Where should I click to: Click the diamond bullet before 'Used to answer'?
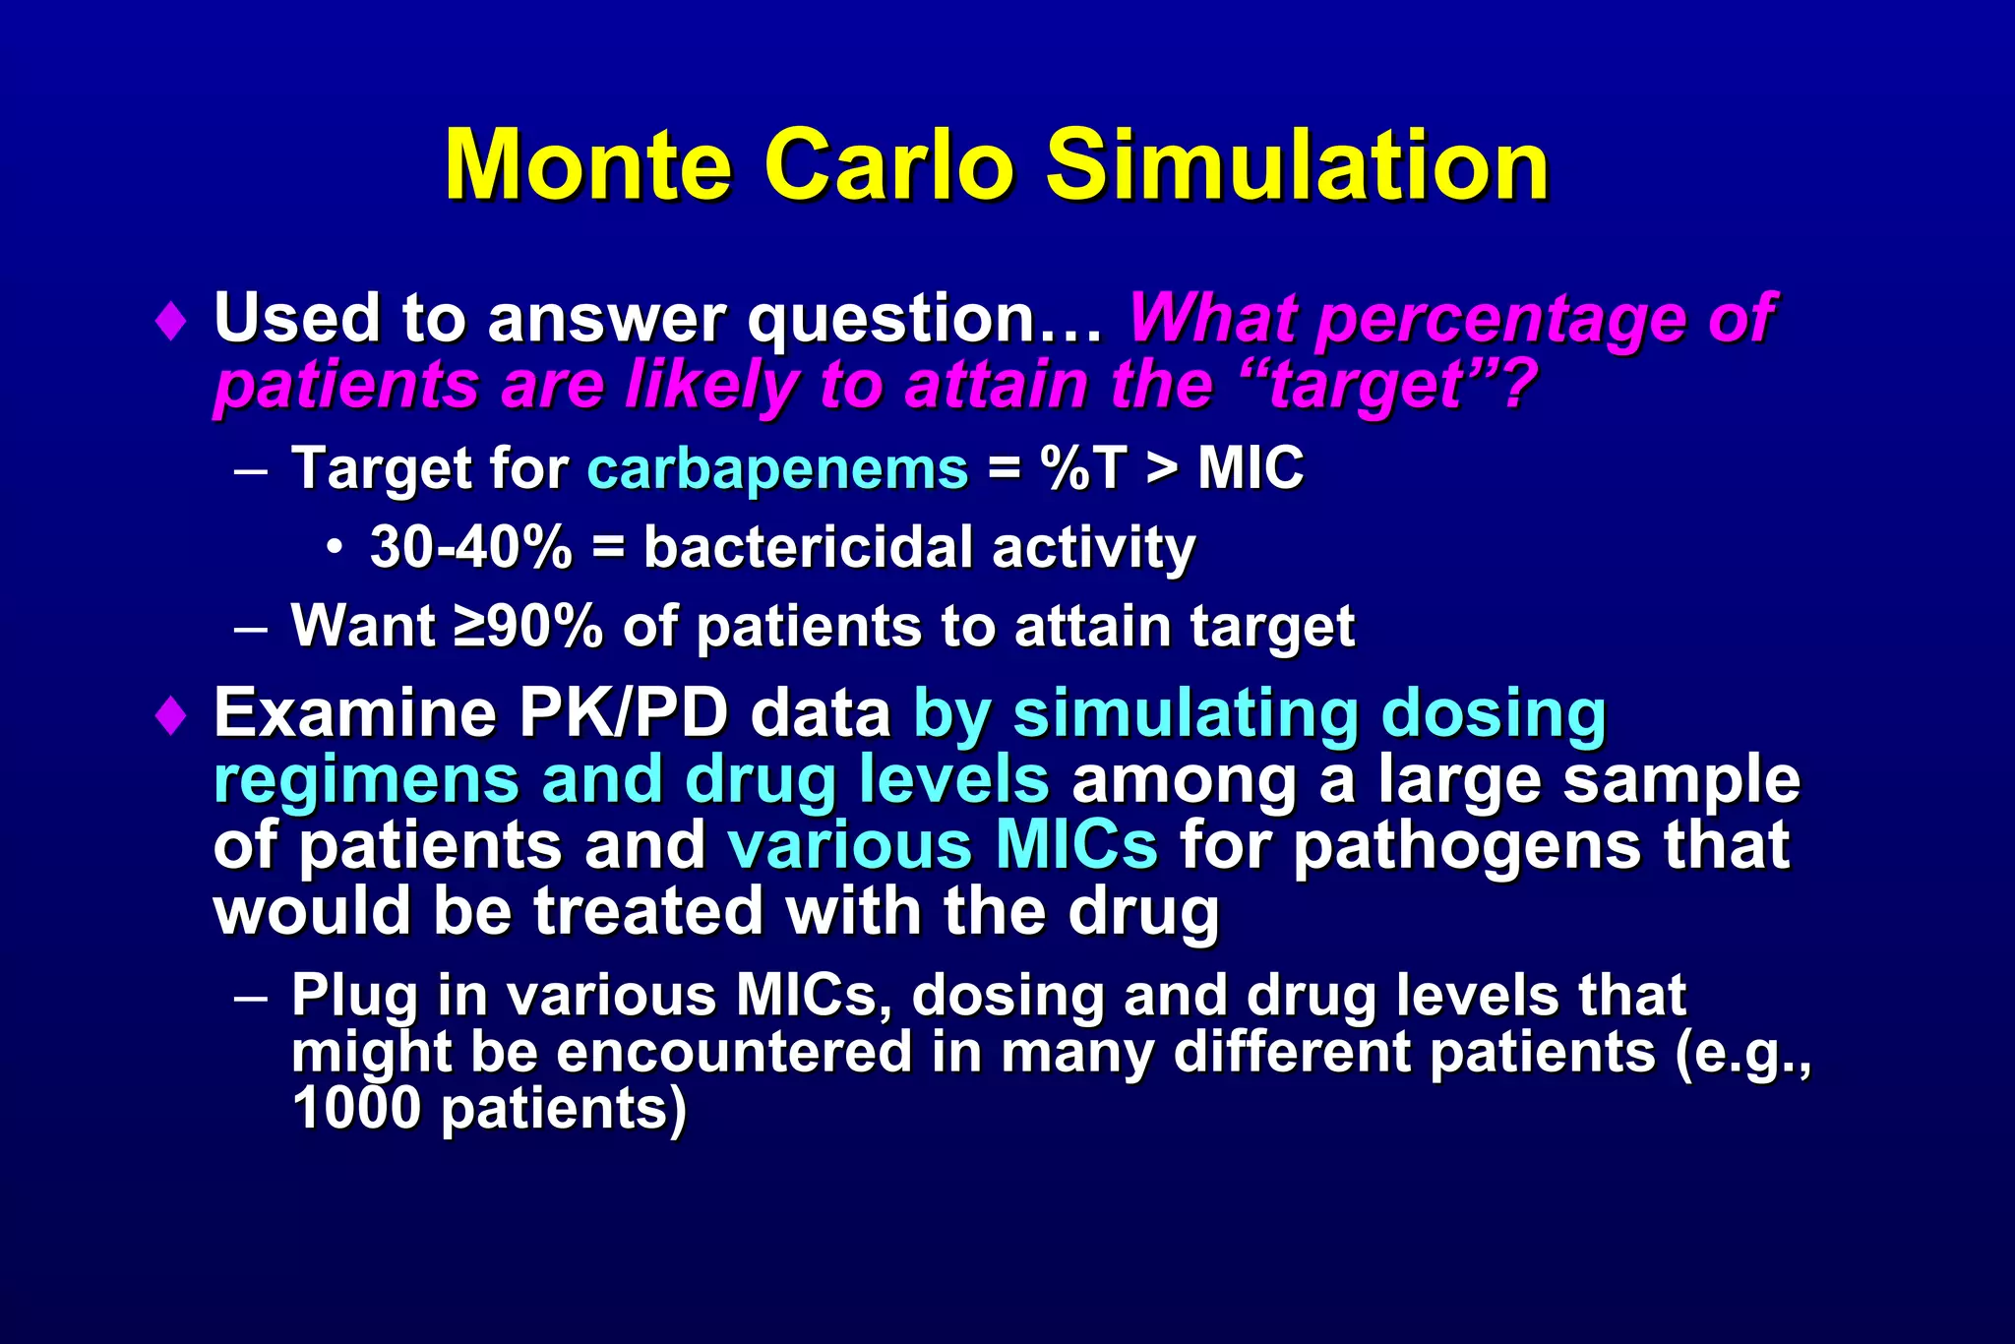[x=171, y=322]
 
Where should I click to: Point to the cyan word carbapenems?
[x=777, y=469]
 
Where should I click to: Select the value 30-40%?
[x=470, y=547]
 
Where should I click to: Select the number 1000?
[x=356, y=1110]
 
